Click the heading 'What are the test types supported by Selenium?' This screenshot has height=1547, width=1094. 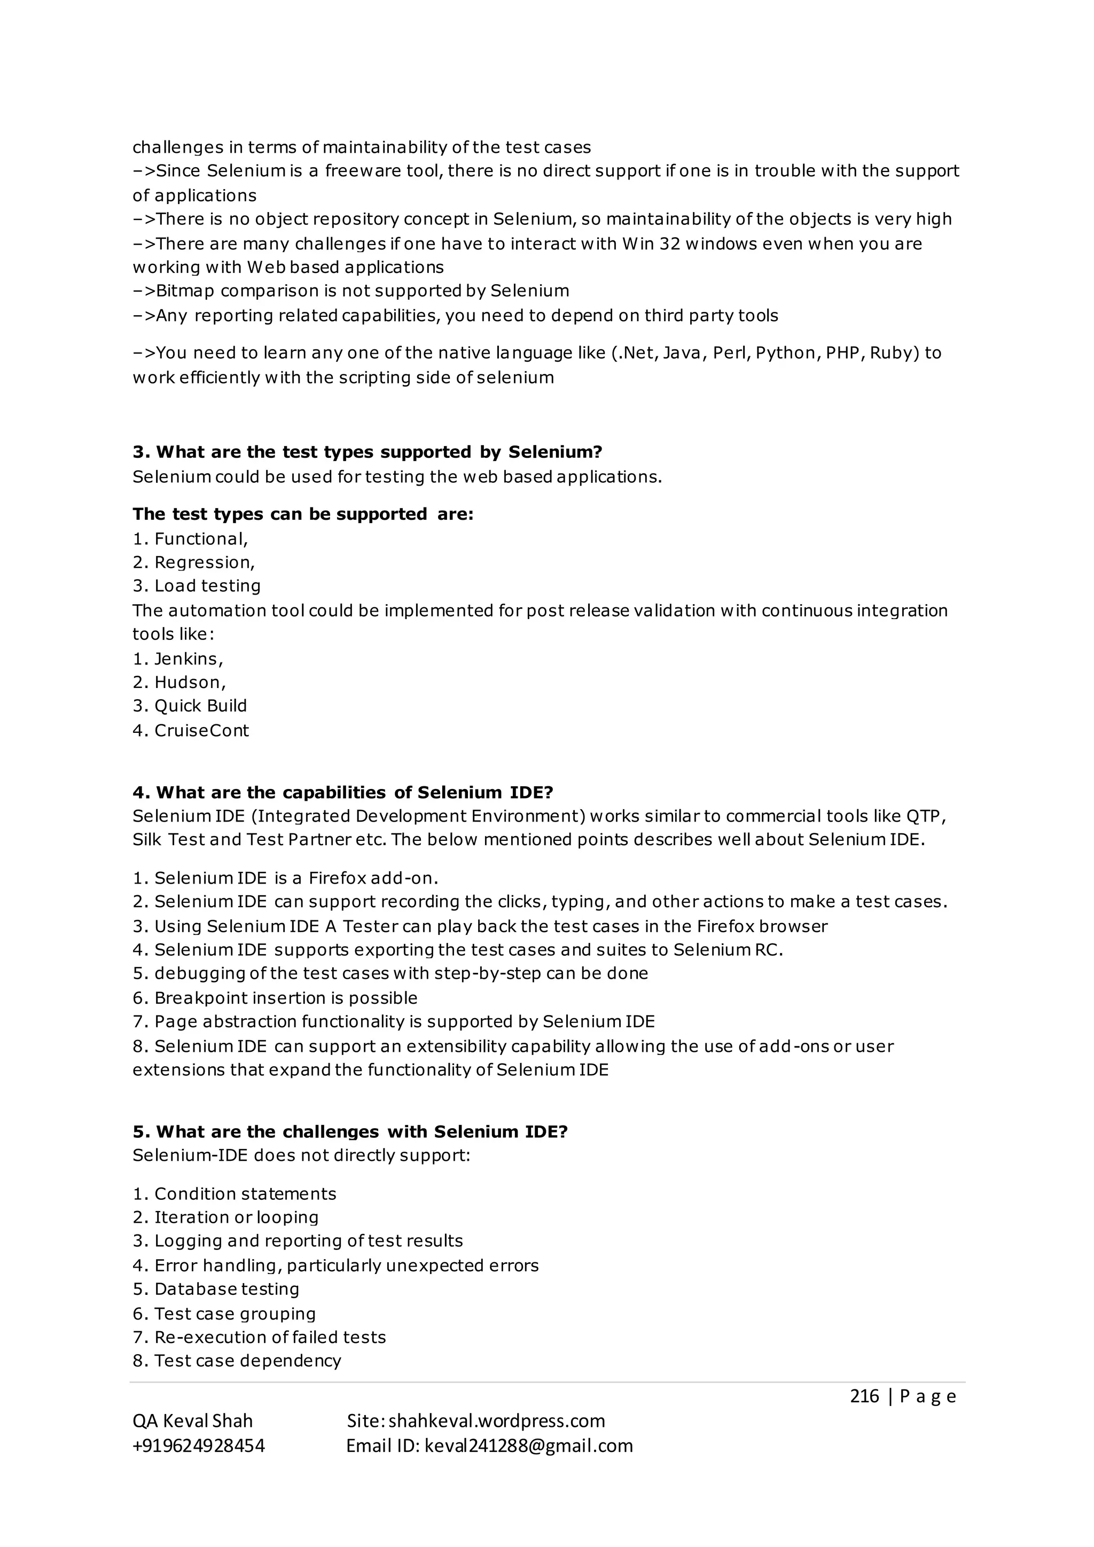click(367, 451)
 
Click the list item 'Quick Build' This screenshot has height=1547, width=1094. click(200, 706)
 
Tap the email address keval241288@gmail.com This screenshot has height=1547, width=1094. click(528, 1446)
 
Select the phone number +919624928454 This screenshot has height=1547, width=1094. click(199, 1446)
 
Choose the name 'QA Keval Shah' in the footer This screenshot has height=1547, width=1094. click(193, 1421)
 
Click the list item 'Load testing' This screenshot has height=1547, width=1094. click(207, 585)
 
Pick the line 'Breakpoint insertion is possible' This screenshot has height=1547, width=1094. click(286, 998)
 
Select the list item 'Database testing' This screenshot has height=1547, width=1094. click(226, 1289)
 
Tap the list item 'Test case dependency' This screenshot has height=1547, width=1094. click(247, 1361)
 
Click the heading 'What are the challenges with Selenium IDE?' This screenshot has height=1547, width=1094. click(350, 1131)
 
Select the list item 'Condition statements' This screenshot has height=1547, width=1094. click(245, 1193)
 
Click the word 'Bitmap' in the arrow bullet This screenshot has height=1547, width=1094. click(185, 291)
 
